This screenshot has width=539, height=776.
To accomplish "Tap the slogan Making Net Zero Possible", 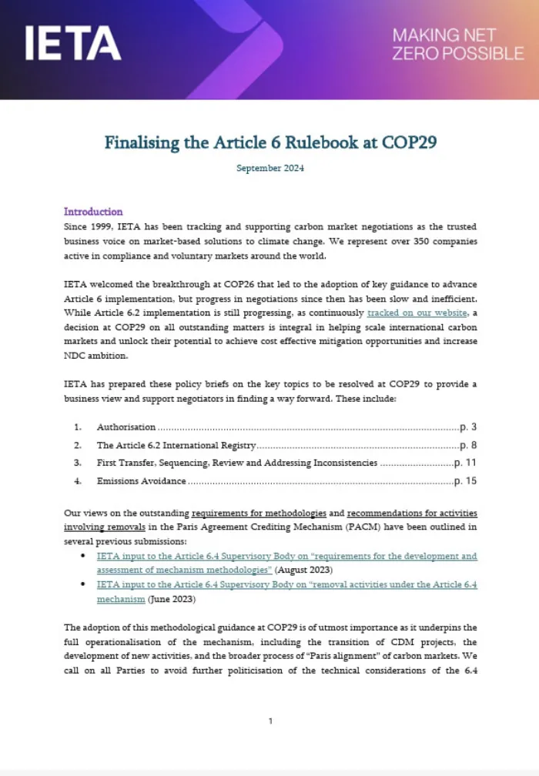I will coord(457,44).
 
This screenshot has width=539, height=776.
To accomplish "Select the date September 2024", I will coord(270,168).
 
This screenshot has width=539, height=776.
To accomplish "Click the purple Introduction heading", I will coord(93,212).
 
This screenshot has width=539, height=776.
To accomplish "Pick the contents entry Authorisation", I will coord(126,426).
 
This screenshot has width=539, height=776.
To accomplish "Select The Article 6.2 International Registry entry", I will coord(176,445).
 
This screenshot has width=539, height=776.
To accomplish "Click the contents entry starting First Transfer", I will coord(236,463).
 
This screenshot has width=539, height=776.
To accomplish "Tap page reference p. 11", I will coord(466,463).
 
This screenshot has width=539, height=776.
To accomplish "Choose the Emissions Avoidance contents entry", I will coord(141,481).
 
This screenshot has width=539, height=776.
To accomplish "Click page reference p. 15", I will coord(466,481).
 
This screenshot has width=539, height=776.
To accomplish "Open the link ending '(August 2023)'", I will coord(286,563).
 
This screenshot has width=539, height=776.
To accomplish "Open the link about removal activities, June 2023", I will coord(286,591).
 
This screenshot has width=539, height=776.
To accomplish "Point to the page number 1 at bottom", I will coord(270,721).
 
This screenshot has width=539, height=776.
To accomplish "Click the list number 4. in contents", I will coord(77,481).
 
